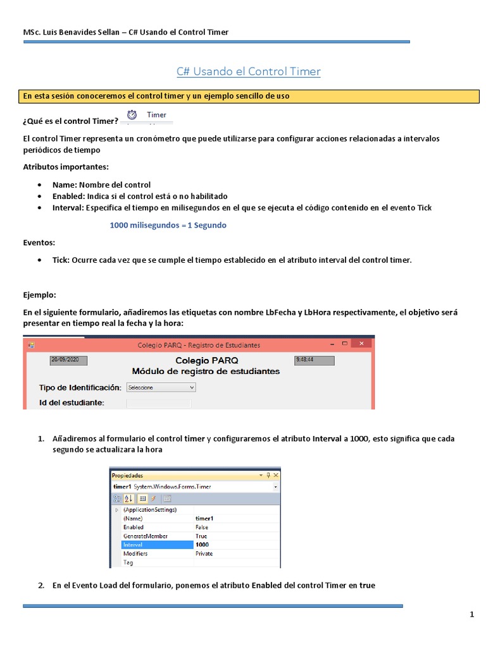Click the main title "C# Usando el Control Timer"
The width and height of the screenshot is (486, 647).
point(248,71)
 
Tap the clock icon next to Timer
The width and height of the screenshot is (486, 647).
point(132,115)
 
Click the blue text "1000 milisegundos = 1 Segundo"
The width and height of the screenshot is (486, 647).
point(168,225)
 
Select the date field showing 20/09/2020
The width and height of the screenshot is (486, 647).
point(68,360)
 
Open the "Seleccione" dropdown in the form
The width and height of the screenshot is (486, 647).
point(161,387)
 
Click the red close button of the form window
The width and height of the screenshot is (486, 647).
point(362,344)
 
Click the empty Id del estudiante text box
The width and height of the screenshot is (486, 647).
point(158,403)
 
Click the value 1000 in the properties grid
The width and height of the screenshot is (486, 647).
point(202,545)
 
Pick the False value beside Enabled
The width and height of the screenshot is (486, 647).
point(202,527)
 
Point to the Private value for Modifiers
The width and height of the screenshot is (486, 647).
point(204,553)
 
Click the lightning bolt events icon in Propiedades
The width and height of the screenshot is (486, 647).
point(154,499)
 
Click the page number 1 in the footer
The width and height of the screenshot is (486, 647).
point(471,614)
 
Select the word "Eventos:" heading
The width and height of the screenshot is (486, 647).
point(39,243)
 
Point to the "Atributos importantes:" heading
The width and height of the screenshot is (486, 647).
point(66,167)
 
